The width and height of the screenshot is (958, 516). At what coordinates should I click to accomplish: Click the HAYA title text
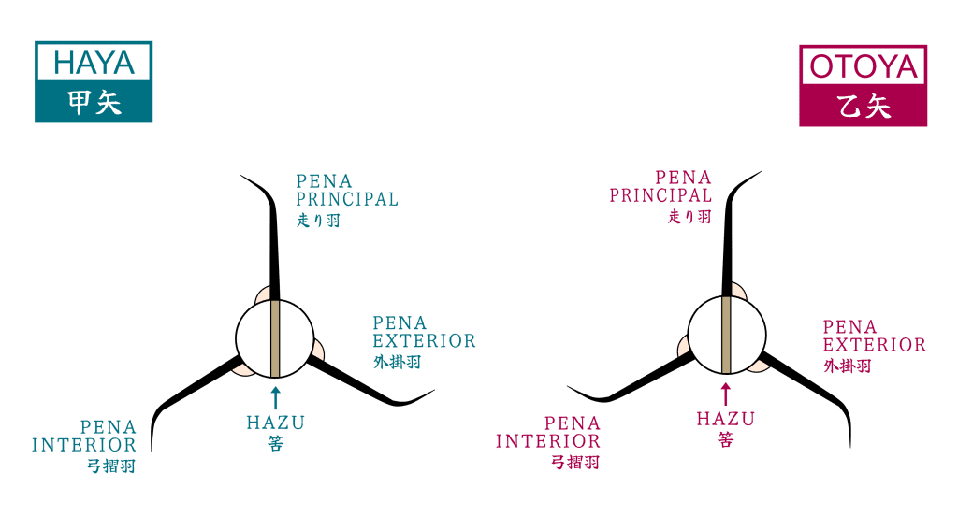(94, 63)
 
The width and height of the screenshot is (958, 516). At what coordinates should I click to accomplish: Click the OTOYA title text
(863, 66)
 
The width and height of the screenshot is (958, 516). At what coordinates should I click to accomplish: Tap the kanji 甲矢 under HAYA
(94, 103)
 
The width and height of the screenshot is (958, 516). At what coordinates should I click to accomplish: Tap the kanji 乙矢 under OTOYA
(863, 106)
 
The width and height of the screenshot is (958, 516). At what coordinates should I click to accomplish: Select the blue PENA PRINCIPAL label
(346, 190)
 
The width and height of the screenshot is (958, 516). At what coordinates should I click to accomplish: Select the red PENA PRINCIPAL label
(661, 186)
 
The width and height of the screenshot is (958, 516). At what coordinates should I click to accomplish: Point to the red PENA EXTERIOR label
(874, 336)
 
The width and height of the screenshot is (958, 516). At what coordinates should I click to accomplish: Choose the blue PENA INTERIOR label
(85, 436)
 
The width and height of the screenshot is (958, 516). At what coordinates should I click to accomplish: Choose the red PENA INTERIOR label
(548, 432)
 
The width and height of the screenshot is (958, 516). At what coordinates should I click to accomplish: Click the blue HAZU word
(275, 422)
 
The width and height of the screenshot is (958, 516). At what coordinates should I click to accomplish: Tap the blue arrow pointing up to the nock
(275, 394)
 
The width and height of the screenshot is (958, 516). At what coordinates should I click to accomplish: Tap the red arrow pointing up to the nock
(725, 392)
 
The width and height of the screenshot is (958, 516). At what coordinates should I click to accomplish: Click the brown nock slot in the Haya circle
(275, 337)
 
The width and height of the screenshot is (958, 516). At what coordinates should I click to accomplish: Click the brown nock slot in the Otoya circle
(726, 334)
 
